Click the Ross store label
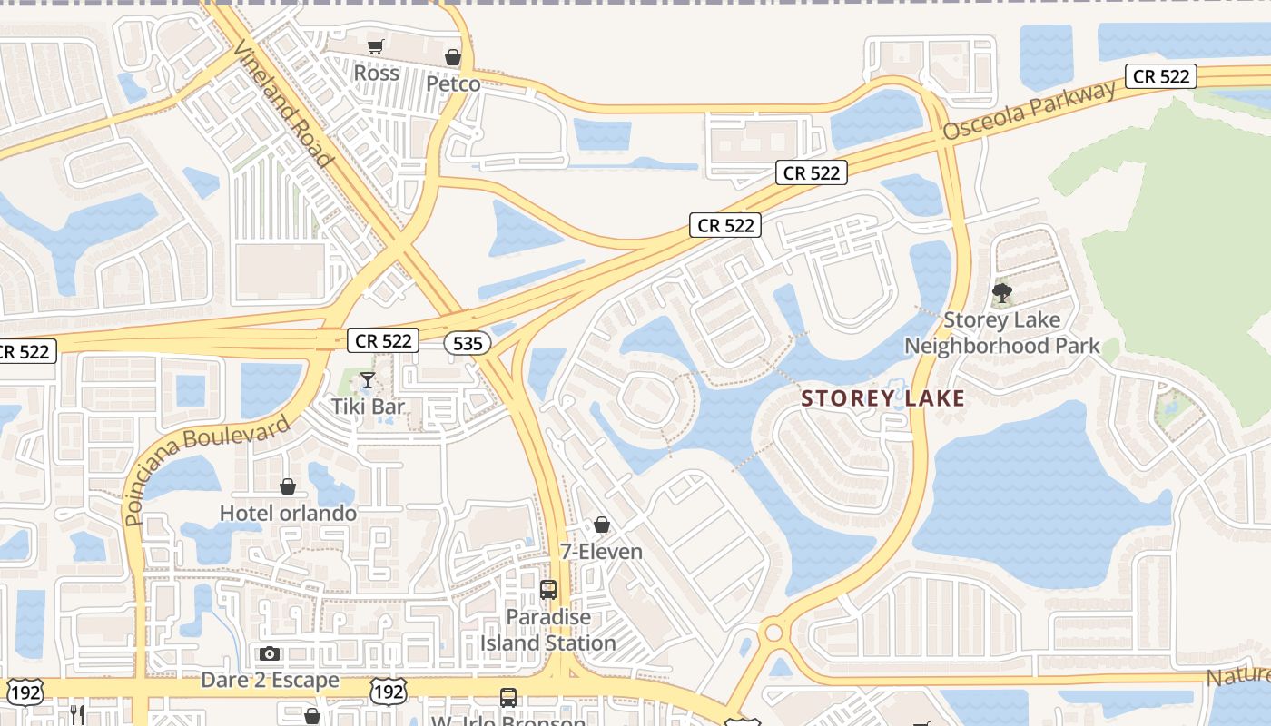(376, 73)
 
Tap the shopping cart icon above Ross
(376, 46)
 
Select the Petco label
(453, 84)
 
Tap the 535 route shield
(468, 343)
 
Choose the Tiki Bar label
(368, 406)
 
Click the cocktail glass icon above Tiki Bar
(368, 379)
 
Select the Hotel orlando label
(288, 513)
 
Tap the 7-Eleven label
(600, 551)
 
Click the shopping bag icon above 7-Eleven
(601, 525)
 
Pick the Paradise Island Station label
(548, 630)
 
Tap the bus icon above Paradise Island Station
(548, 590)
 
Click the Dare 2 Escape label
(270, 680)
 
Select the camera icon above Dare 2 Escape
(270, 653)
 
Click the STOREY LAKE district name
(882, 398)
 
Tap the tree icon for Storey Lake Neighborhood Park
(1002, 293)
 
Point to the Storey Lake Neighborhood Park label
(1001, 333)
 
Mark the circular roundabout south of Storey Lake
(773, 633)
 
